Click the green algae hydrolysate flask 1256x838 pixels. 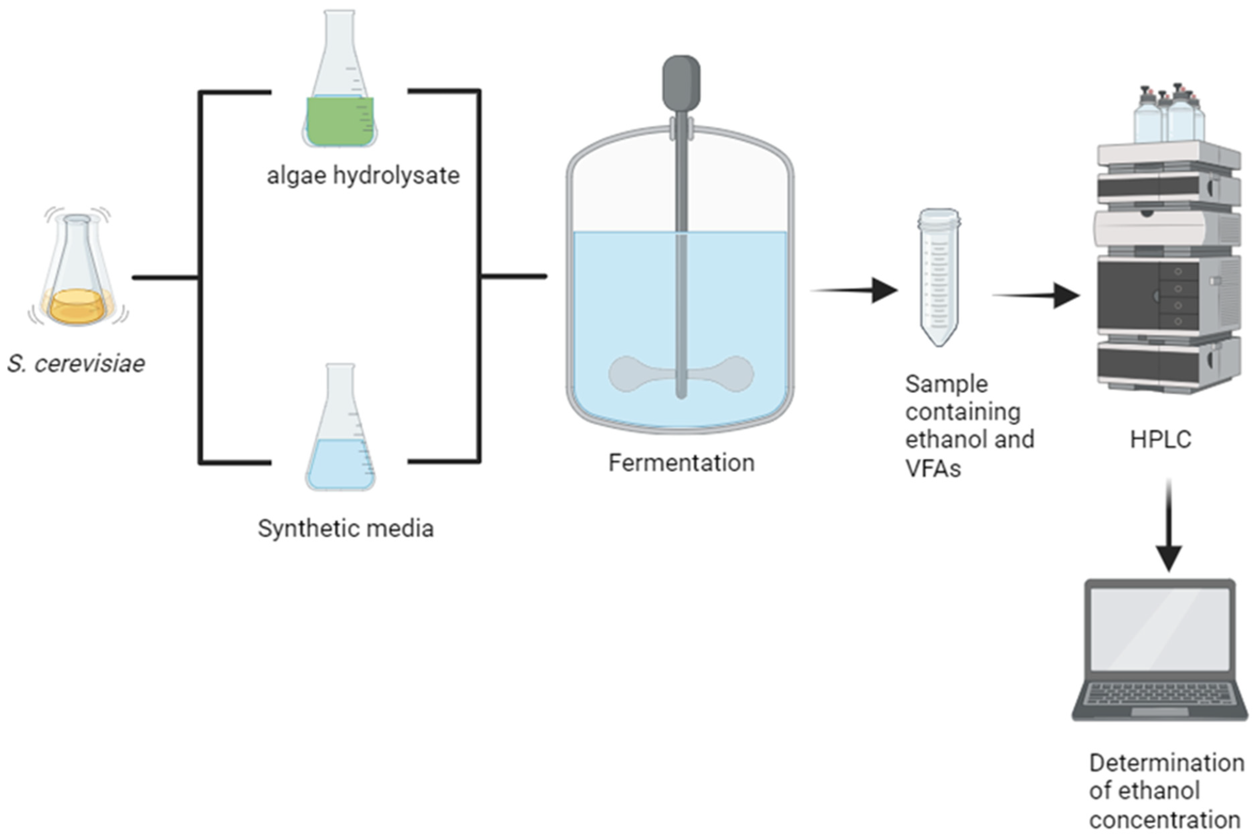pos(340,107)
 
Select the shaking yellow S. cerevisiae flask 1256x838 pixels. pos(78,278)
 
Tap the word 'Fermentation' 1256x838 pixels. pos(681,463)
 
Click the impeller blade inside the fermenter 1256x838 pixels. pos(630,374)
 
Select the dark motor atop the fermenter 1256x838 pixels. pos(681,83)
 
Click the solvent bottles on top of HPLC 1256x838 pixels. pos(1169,115)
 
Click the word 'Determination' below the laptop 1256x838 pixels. pos(1166,763)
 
